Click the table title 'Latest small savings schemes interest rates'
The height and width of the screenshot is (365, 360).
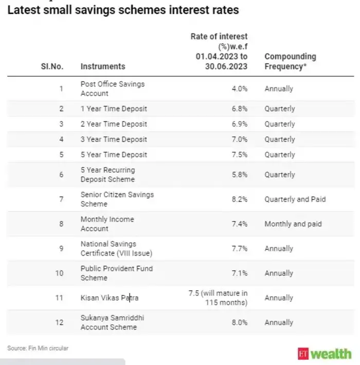click(123, 10)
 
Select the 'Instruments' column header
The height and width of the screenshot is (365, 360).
click(102, 66)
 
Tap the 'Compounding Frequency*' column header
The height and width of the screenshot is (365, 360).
click(290, 61)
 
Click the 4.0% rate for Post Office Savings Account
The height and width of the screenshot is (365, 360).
click(239, 88)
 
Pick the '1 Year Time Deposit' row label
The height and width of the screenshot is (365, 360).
click(114, 108)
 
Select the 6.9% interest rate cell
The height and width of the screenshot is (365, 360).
click(239, 124)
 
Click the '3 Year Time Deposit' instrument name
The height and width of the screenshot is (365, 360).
click(114, 139)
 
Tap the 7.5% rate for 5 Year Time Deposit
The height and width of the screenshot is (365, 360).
click(239, 155)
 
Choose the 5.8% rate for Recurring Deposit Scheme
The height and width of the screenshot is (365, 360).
click(239, 175)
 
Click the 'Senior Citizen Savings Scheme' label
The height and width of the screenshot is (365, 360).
click(117, 199)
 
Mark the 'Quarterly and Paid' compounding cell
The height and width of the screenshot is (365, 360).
click(295, 199)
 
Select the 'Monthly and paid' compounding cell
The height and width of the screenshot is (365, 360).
click(293, 224)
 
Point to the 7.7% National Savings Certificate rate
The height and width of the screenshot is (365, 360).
click(239, 248)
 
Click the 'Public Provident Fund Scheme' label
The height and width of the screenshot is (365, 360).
click(116, 273)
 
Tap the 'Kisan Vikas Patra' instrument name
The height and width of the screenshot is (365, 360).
click(109, 298)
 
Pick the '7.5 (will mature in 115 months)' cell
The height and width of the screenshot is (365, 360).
click(218, 298)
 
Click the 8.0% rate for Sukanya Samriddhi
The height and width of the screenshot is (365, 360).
click(239, 322)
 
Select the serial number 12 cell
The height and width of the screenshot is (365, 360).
click(60, 322)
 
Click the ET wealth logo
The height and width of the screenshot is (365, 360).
click(325, 354)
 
